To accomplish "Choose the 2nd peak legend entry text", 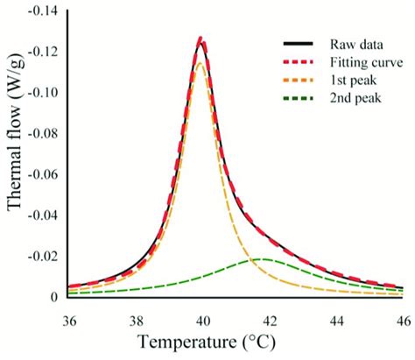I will [x=354, y=101].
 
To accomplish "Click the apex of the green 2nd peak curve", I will [x=264, y=259].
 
